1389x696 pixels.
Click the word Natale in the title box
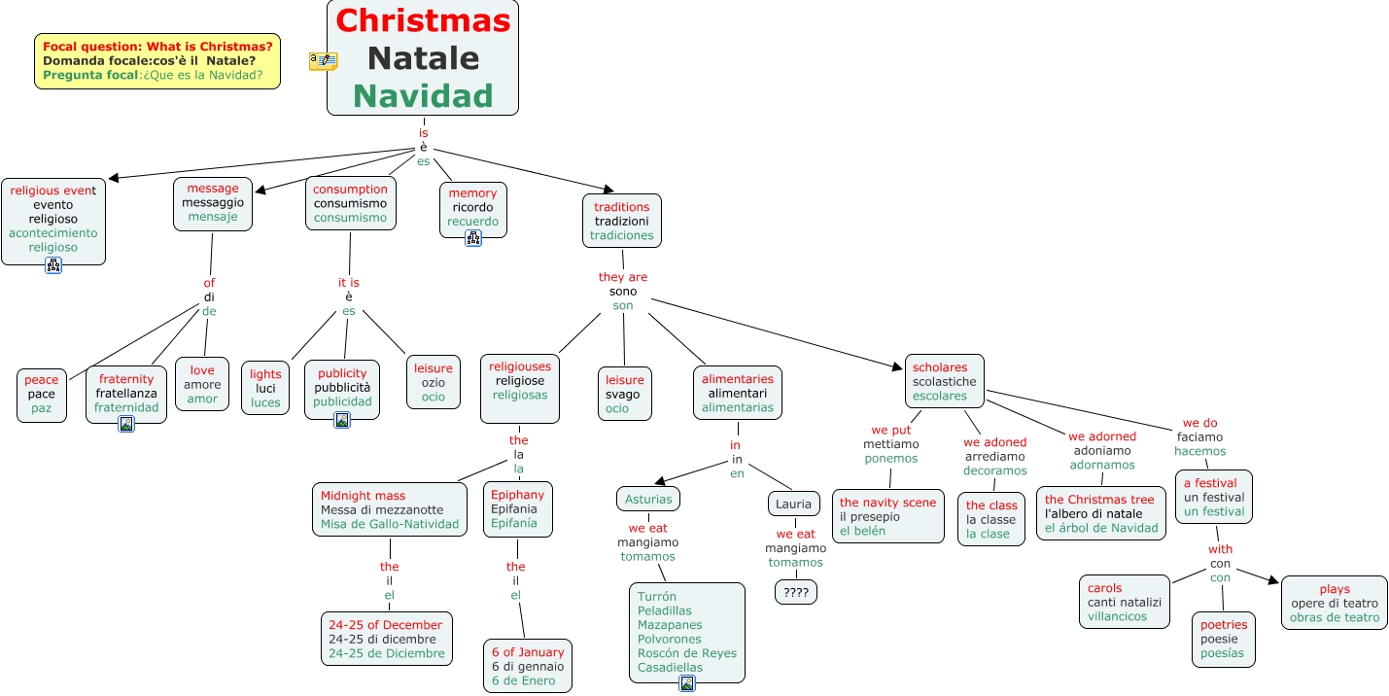pos(423,58)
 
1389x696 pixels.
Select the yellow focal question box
pos(157,60)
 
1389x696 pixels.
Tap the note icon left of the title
pos(323,60)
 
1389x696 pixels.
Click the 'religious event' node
pos(53,219)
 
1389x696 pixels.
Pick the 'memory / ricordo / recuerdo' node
pos(472,207)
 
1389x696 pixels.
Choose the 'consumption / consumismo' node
pos(350,203)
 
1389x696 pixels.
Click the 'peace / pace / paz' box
pos(42,395)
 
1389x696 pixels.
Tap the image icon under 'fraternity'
pos(126,424)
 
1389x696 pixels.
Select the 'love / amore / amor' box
pos(202,384)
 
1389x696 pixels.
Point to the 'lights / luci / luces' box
pos(265,388)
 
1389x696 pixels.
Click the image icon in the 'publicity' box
pos(342,420)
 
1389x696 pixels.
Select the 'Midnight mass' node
pos(389,510)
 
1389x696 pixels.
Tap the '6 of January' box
pos(528,666)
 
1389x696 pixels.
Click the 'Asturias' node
pos(648,499)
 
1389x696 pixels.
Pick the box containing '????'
pos(796,591)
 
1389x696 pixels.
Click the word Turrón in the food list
pos(657,597)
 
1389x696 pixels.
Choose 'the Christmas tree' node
pos(1101,513)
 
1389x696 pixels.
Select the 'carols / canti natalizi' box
pos(1125,602)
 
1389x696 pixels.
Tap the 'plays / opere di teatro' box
pos(1335,603)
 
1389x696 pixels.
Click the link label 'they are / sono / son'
pos(623,291)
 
